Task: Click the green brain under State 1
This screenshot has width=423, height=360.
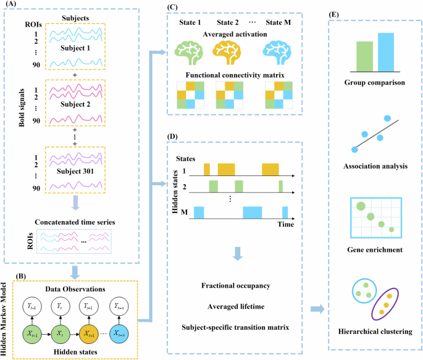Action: [191, 50]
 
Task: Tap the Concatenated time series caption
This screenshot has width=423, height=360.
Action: [75, 222]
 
